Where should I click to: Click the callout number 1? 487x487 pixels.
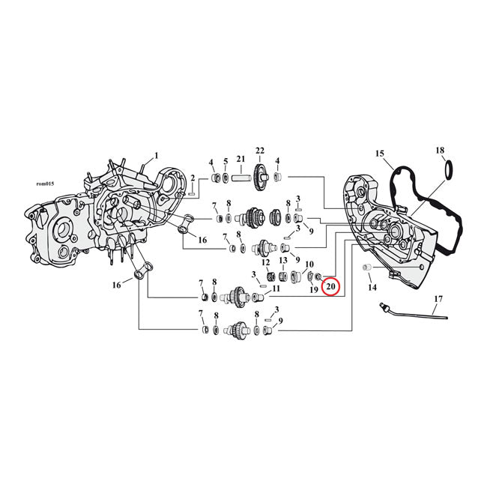click(157, 156)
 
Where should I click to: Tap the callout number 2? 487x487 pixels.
click(192, 178)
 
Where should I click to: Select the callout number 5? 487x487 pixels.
click(225, 162)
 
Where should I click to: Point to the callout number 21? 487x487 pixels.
click(241, 159)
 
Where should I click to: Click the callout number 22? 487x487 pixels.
click(261, 151)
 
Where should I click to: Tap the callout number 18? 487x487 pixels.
click(440, 151)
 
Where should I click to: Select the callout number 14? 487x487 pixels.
click(372, 287)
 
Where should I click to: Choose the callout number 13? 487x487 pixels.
click(283, 260)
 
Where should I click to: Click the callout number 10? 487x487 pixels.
click(308, 264)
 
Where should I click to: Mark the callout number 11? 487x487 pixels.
click(276, 288)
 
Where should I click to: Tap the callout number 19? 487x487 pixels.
click(314, 288)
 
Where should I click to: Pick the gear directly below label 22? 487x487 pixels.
click(261, 178)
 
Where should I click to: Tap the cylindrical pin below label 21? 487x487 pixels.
click(240, 178)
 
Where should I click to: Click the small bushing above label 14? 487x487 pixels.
click(368, 267)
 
